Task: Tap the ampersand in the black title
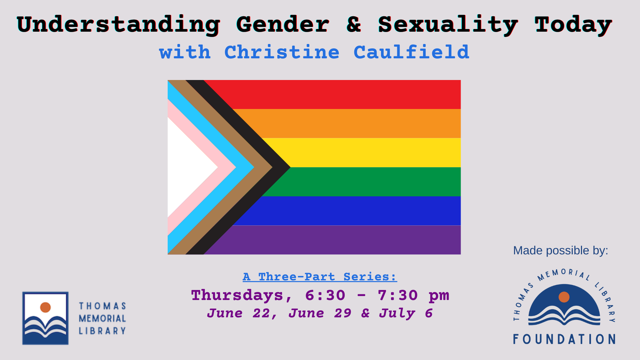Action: (354, 24)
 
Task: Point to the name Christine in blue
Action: (282, 52)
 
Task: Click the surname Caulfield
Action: (411, 52)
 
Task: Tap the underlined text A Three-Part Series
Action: (320, 277)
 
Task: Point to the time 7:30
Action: (398, 295)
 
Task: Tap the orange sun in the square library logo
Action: (45, 307)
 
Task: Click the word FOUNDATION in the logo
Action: (564, 339)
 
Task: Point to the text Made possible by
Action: (561, 250)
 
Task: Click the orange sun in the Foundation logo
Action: (564, 297)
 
